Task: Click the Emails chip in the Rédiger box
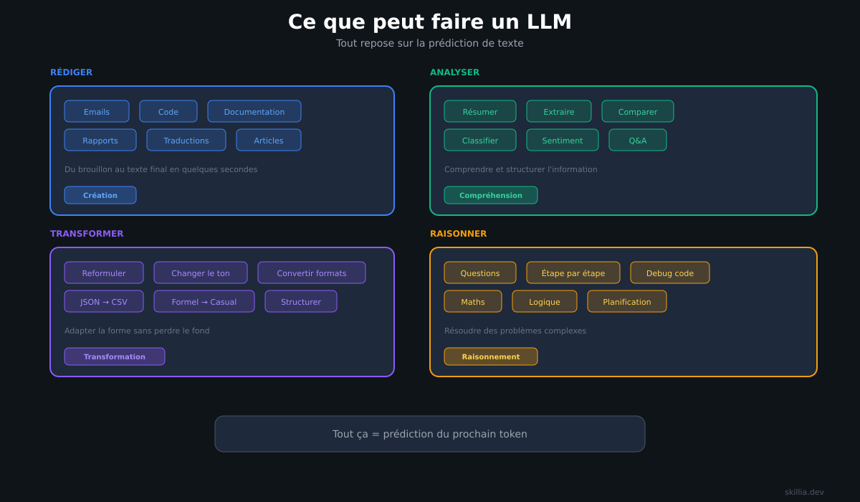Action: click(x=97, y=111)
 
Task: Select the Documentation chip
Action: click(x=254, y=111)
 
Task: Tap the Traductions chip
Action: click(x=186, y=140)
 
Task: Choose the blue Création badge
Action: click(x=100, y=195)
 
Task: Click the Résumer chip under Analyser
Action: click(x=480, y=111)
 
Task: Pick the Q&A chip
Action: click(x=638, y=140)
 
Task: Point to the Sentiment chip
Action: click(x=563, y=140)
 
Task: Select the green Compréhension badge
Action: click(x=491, y=195)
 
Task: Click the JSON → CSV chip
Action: click(x=104, y=301)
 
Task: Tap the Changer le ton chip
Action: click(x=201, y=273)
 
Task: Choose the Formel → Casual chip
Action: click(x=204, y=301)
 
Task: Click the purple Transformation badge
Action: click(x=115, y=356)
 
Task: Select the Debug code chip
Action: click(x=670, y=273)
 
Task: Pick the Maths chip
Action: click(x=473, y=301)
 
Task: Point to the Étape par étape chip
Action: click(x=573, y=273)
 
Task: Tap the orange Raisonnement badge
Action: click(x=491, y=356)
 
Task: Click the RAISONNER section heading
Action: click(x=459, y=234)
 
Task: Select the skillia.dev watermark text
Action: click(x=804, y=492)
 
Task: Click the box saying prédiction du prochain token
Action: click(x=430, y=434)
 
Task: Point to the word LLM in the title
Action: click(x=549, y=22)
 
